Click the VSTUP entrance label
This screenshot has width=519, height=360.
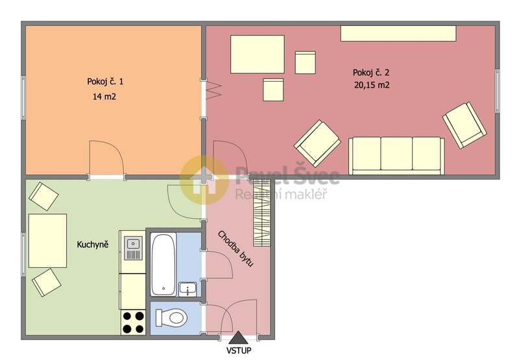(x=239, y=350)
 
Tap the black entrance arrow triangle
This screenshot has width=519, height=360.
(x=237, y=339)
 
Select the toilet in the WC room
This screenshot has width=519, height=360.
(x=171, y=318)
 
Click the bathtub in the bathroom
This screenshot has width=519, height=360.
(x=163, y=265)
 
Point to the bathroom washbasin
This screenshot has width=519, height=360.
(x=188, y=289)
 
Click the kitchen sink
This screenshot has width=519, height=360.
(x=133, y=248)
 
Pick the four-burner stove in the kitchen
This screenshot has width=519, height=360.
(x=134, y=322)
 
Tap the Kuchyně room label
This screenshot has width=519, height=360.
(x=93, y=245)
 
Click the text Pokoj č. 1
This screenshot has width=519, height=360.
(x=105, y=81)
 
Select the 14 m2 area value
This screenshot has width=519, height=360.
(x=104, y=97)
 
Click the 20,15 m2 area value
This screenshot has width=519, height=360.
(x=372, y=85)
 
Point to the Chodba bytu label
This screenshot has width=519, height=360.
(x=236, y=249)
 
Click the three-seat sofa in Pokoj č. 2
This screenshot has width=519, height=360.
(x=396, y=156)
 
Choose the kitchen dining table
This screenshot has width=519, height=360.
(x=47, y=241)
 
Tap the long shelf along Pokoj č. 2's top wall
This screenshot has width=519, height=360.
(x=398, y=34)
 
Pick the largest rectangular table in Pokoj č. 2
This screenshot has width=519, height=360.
(x=258, y=54)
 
